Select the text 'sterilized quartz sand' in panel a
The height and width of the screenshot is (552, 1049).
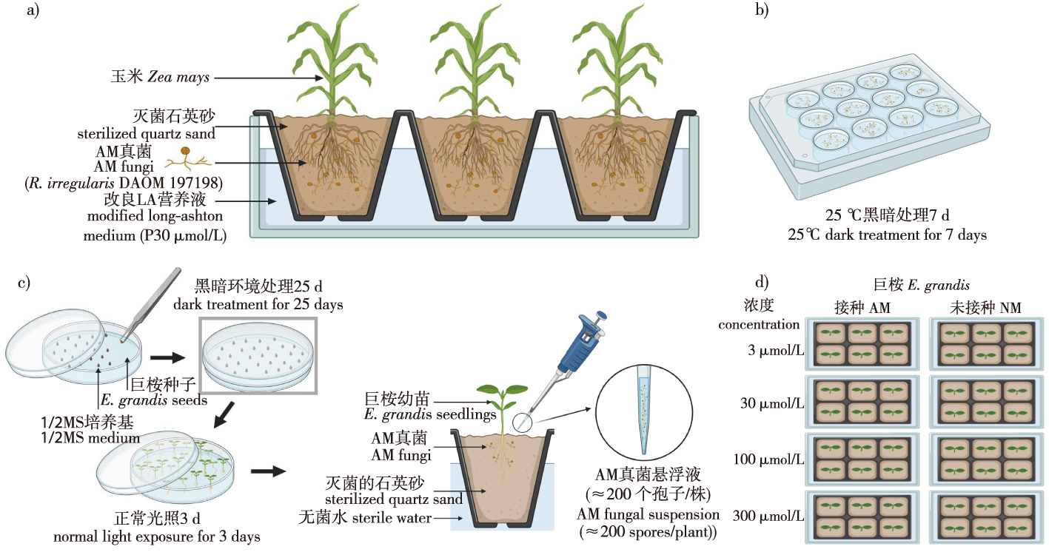coord(147,134)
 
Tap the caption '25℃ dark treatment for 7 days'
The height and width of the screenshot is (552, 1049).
coord(888,235)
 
